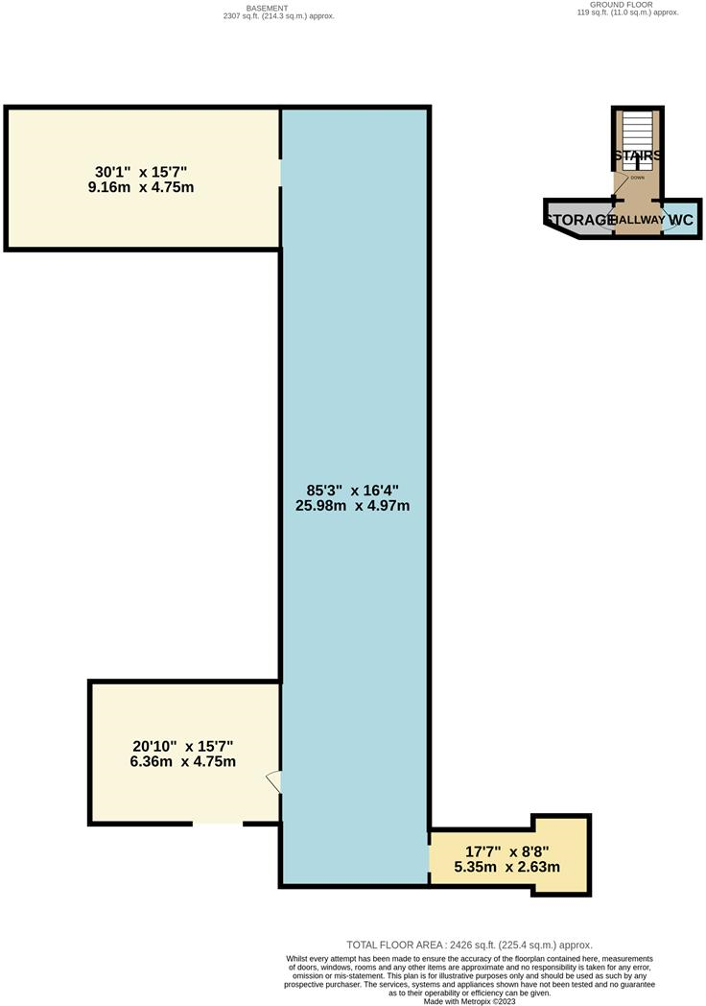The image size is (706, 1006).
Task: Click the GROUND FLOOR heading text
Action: click(x=622, y=5)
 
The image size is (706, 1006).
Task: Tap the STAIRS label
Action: click(x=636, y=156)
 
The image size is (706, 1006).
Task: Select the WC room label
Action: click(x=680, y=220)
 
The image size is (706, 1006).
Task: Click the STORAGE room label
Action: click(x=581, y=220)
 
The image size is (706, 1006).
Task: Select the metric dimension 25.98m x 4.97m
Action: click(x=354, y=505)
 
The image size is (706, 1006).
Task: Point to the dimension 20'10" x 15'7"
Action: click(x=183, y=746)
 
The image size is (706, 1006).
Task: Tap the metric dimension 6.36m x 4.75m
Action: click(x=183, y=762)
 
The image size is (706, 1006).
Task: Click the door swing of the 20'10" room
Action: click(x=273, y=782)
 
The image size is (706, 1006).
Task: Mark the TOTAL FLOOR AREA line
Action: click(x=469, y=945)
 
